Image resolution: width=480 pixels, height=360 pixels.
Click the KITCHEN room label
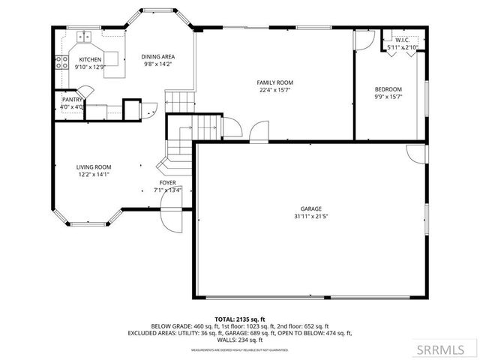[x=90, y=59]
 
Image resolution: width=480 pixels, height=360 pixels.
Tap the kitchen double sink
[x=84, y=36]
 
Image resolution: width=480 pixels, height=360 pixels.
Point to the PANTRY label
[x=72, y=98]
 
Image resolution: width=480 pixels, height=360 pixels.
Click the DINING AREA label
[x=158, y=56]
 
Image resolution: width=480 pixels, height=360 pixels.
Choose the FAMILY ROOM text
[x=274, y=82]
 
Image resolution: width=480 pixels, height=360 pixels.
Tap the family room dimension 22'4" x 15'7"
[x=274, y=91]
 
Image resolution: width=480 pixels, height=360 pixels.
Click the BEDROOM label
[x=388, y=89]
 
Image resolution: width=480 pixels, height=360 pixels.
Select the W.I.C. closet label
[x=401, y=40]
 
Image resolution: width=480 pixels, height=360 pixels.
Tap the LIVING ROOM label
[x=94, y=167]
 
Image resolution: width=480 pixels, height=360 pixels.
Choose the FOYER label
[x=167, y=182]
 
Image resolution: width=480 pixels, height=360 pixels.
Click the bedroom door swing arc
[x=363, y=42]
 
